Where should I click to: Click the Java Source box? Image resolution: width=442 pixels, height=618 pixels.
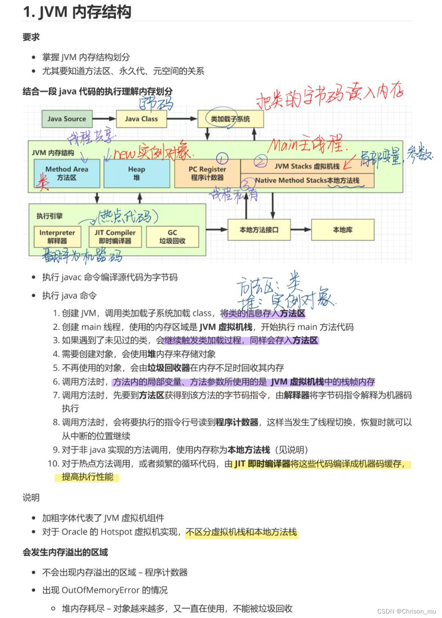[x=67, y=119]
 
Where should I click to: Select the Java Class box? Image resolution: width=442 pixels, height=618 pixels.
[x=141, y=119]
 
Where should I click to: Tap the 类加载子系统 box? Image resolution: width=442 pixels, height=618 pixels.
[x=230, y=119]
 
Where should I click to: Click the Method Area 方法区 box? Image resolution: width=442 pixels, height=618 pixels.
[x=67, y=173]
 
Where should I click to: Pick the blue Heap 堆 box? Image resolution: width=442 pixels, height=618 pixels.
[x=137, y=173]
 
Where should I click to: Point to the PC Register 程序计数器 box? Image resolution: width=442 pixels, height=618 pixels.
[x=207, y=173]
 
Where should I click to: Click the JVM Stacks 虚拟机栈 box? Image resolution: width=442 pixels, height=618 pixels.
[x=307, y=166]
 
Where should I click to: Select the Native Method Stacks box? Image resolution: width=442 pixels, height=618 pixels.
[x=307, y=180]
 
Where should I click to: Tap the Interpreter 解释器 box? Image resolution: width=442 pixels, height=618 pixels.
[x=57, y=237]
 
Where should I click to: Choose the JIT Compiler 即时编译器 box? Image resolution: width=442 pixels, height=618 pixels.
[x=115, y=237]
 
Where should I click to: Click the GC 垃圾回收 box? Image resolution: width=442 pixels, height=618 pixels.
[x=172, y=237]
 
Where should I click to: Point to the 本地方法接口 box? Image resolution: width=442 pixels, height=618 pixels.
[x=259, y=230]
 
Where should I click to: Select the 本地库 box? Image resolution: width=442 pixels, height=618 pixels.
[x=343, y=230]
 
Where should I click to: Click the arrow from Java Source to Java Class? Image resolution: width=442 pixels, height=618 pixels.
[x=104, y=119]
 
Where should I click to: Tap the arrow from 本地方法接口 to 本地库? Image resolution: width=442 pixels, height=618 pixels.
[x=301, y=230]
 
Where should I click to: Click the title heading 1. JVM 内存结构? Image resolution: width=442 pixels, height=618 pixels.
[x=77, y=12]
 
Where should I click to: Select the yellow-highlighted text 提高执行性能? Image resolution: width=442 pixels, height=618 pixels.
[x=87, y=477]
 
